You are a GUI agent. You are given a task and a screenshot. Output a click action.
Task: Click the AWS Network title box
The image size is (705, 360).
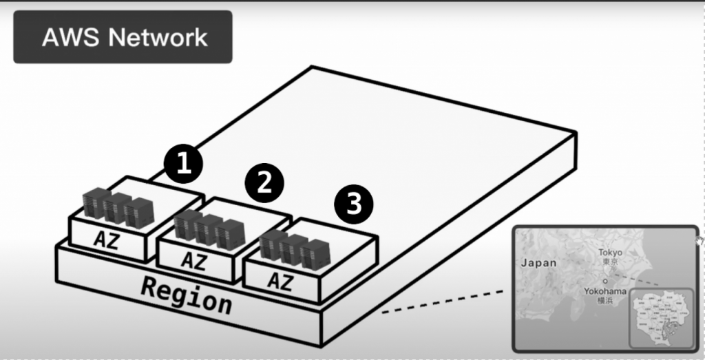point(123,37)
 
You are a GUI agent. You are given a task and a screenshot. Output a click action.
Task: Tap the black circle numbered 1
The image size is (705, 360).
point(183,164)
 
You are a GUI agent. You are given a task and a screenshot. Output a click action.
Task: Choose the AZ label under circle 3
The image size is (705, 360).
point(279,281)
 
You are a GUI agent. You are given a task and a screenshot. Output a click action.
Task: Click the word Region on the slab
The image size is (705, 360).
point(186,294)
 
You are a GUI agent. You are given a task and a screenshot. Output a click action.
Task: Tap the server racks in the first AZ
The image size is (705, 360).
point(116,207)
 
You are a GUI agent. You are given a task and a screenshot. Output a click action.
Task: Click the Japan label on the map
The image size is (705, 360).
point(538,262)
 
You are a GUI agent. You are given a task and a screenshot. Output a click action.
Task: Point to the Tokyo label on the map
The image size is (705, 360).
point(609,253)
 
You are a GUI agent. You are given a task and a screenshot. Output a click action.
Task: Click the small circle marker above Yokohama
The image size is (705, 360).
point(604,282)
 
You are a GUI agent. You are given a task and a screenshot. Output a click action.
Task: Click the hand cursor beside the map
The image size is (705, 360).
point(700,240)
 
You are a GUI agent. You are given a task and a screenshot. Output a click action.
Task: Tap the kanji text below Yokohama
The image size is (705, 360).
point(604,301)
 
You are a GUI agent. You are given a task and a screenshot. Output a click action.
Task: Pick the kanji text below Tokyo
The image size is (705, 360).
point(610,262)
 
